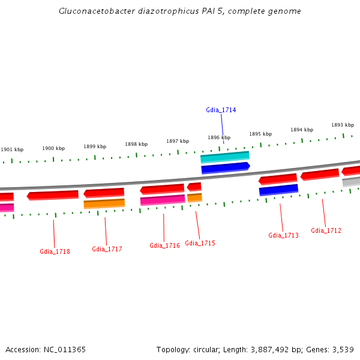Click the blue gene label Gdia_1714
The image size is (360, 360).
click(221, 110)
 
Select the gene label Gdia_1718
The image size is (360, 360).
click(55, 251)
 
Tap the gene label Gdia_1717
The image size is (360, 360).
click(107, 249)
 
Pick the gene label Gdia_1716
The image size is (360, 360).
click(164, 245)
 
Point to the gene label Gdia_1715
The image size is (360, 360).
click(200, 243)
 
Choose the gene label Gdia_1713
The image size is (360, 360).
click(283, 235)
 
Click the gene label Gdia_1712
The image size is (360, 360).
click(326, 230)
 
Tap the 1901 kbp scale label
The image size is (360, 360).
click(12, 149)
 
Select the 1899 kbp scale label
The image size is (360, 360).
click(95, 146)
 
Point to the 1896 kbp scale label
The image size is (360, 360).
click(219, 137)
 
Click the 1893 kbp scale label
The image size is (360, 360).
click(342, 125)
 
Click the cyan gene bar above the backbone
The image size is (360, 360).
click(224, 157)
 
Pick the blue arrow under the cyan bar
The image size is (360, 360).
click(225, 168)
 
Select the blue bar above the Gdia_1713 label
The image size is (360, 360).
click(278, 190)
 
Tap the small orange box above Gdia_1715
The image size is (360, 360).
click(194, 197)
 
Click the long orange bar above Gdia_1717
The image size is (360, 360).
click(104, 203)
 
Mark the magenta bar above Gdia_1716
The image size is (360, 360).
click(162, 200)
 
